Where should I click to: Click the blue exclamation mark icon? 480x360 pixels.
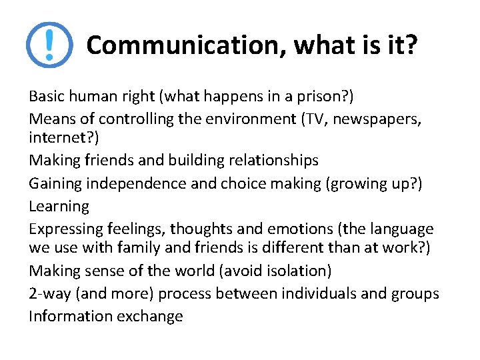click(x=49, y=45)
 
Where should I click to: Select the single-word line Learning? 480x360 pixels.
click(x=59, y=207)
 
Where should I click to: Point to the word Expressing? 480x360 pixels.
click(x=65, y=229)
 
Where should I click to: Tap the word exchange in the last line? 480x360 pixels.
click(x=150, y=317)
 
